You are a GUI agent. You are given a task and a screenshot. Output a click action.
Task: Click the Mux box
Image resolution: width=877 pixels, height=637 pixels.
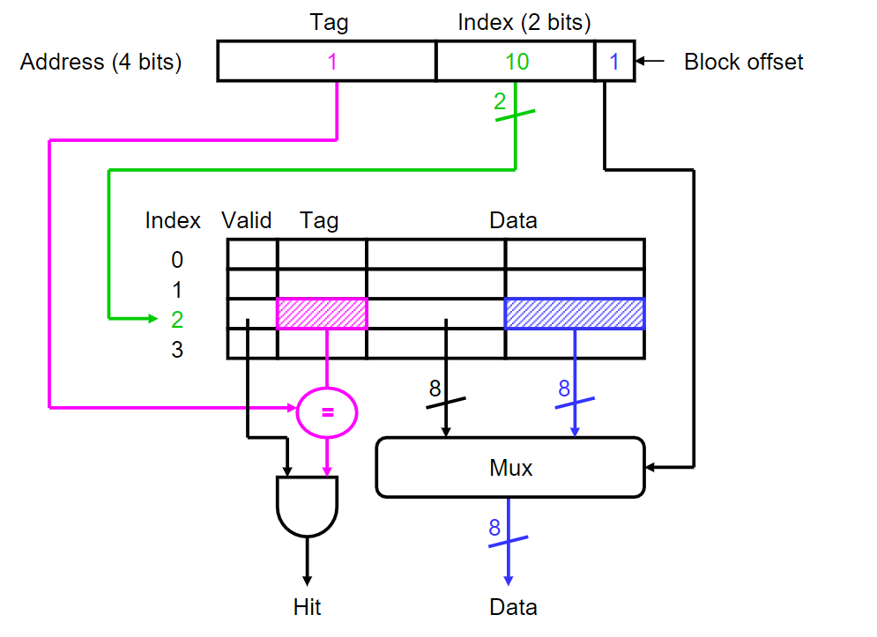point(510,467)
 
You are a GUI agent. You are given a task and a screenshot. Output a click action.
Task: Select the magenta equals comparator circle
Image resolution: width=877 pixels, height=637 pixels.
point(327,411)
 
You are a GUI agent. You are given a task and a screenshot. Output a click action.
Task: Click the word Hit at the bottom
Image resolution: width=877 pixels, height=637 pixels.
point(307,607)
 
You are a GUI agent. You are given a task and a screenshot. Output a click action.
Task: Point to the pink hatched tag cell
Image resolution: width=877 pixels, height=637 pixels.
point(322,314)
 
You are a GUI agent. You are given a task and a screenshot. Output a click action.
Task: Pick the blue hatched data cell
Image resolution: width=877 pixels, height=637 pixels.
point(574,314)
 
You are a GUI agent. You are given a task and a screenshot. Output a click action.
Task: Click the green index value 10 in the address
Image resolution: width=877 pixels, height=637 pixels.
point(517,63)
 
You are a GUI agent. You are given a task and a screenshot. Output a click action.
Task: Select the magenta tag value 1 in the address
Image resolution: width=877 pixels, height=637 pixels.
point(331,63)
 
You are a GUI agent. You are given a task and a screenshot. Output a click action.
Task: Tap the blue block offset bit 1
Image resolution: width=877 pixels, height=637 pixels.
point(614,63)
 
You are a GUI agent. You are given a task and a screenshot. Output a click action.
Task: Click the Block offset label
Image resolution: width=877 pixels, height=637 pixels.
point(743,63)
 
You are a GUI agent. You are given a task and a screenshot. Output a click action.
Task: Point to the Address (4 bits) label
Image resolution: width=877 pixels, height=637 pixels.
point(100,63)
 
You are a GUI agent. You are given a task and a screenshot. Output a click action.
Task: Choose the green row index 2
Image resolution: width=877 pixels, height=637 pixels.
point(176,319)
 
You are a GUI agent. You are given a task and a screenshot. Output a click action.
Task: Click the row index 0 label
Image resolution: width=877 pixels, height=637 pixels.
point(176,260)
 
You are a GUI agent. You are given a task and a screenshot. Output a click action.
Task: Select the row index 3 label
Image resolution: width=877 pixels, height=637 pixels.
point(176,350)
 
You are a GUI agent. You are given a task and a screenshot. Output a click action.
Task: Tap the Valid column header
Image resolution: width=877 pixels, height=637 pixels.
point(247,220)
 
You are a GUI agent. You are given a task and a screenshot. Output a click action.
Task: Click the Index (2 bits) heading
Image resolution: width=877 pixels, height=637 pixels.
point(524,22)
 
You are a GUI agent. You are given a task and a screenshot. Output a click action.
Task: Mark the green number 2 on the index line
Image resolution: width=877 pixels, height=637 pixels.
point(500,101)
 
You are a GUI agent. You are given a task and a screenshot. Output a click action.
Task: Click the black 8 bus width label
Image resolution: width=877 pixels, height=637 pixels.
point(435,388)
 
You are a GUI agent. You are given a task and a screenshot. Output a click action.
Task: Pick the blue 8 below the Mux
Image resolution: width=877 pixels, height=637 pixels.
point(494,528)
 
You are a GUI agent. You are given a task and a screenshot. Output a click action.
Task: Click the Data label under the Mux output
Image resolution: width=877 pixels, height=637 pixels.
point(513,607)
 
